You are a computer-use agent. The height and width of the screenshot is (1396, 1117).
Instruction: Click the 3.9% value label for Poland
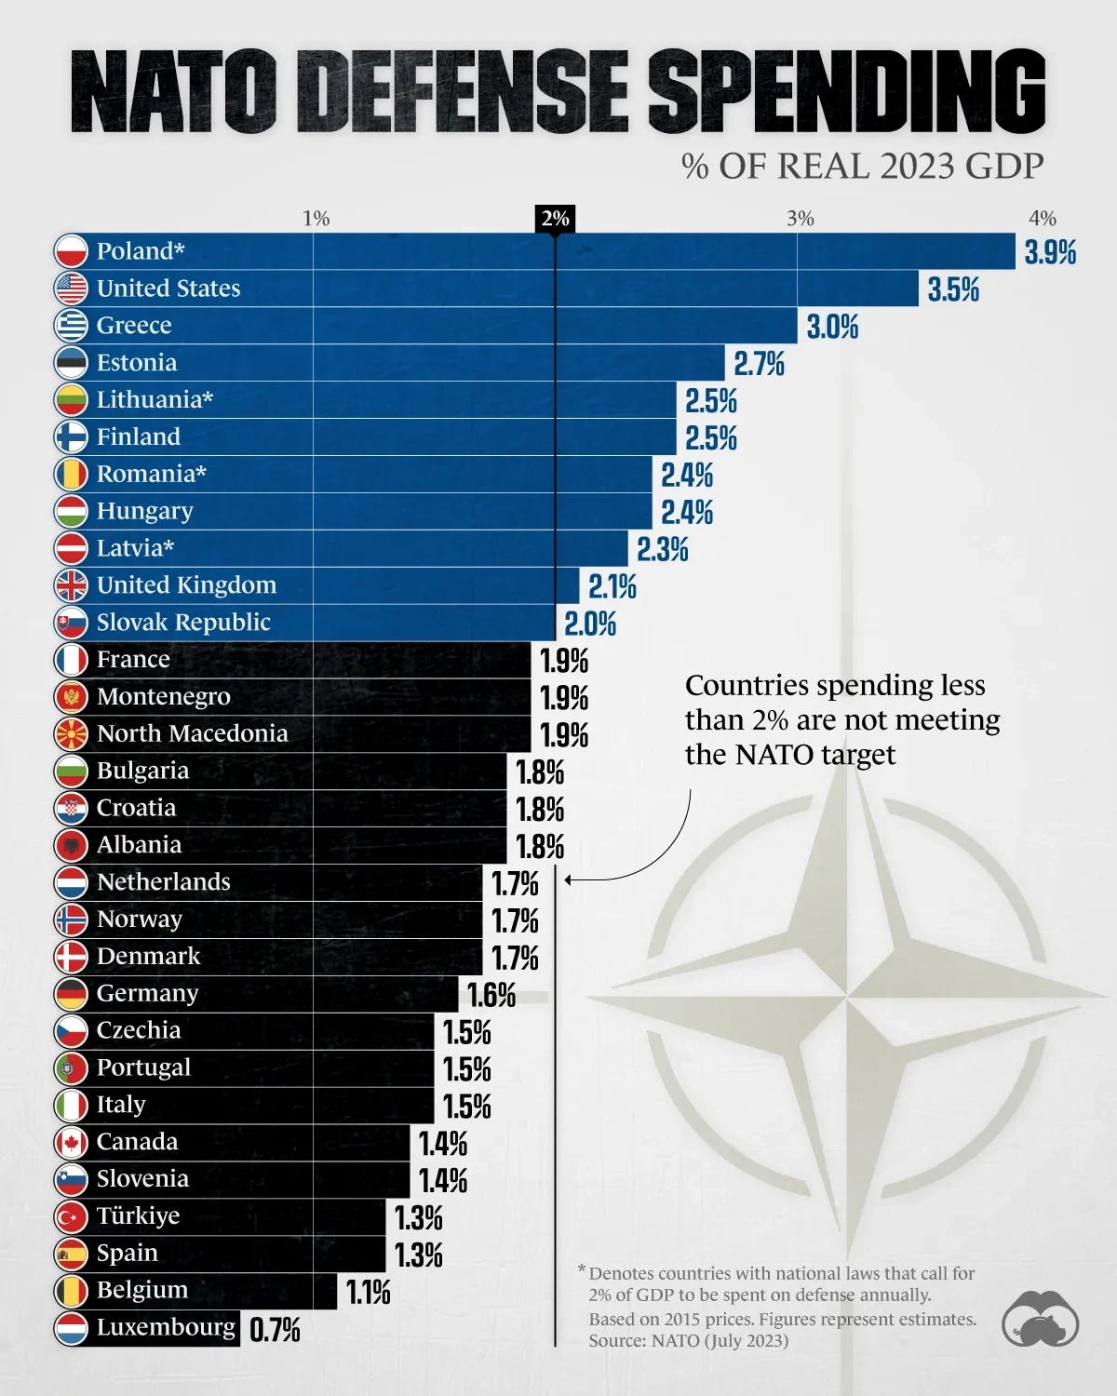[x=1050, y=252]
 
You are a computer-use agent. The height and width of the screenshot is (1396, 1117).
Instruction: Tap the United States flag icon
[x=72, y=289]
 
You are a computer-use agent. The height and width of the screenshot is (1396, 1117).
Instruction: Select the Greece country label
[x=134, y=326]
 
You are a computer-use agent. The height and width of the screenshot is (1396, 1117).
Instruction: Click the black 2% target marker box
[x=555, y=218]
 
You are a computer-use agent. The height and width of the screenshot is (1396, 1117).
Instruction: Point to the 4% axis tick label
[x=1042, y=218]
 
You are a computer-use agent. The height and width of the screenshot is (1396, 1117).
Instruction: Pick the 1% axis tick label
[x=316, y=218]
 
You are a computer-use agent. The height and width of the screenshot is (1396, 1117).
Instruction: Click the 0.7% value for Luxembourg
[x=275, y=1330]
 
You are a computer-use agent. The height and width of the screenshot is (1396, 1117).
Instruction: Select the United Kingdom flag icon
[x=72, y=585]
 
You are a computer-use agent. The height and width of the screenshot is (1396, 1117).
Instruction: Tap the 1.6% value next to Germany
[x=491, y=995]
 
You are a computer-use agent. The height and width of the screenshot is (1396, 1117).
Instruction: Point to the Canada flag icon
[x=72, y=1142]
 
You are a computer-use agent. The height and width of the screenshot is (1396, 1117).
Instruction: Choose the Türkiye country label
[x=138, y=1215]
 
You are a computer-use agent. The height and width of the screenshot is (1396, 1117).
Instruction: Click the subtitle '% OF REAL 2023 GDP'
[x=862, y=167]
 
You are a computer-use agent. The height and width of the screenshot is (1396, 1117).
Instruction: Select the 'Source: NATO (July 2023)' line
[x=688, y=1341]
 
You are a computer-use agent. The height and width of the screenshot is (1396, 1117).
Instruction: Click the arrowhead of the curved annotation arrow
[x=568, y=879]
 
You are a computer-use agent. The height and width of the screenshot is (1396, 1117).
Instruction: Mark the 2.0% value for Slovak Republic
[x=590, y=624]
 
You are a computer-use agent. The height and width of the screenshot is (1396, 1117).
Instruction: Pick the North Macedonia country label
[x=192, y=733]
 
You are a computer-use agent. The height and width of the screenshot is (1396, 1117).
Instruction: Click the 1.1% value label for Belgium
[x=368, y=1293]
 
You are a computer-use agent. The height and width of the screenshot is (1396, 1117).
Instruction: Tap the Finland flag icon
[x=72, y=436]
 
